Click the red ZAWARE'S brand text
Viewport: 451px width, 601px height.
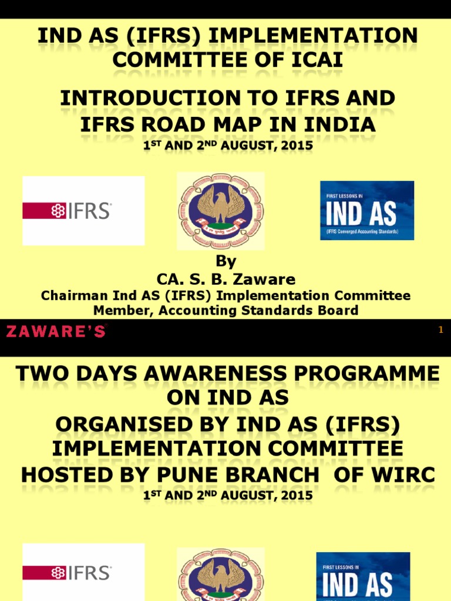click(56, 331)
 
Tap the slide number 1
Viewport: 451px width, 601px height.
click(440, 331)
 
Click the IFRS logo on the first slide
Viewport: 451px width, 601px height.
click(83, 211)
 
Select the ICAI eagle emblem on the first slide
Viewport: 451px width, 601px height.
click(221, 211)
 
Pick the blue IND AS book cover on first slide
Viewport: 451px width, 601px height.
click(366, 210)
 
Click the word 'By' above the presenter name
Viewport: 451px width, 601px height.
click(226, 262)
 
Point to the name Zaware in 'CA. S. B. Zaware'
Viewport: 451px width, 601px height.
click(265, 279)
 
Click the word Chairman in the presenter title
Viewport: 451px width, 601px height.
click(67, 295)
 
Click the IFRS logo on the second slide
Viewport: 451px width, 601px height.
click(83, 573)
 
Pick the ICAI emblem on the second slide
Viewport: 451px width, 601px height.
click(221, 575)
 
